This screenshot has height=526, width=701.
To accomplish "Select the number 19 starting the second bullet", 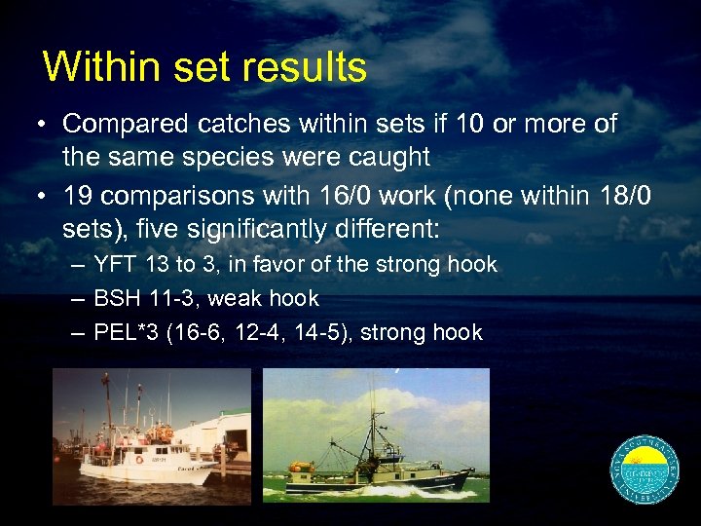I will (75, 197).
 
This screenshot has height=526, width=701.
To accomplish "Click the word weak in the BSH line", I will (239, 299).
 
